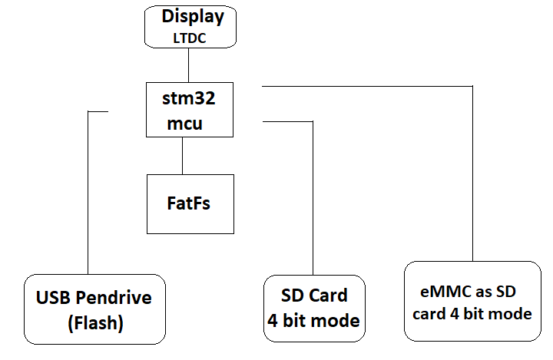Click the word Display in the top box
[x=193, y=17]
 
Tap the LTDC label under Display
[x=190, y=36]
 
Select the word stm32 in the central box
[x=189, y=98]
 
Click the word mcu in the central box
[x=186, y=123]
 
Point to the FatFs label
[x=189, y=203]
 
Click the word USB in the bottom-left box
[x=55, y=297]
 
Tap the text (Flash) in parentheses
[x=94, y=323]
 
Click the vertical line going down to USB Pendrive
[x=89, y=192]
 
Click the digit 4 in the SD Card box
[x=273, y=321]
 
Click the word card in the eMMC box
[x=428, y=314]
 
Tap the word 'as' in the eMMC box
[x=482, y=292]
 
